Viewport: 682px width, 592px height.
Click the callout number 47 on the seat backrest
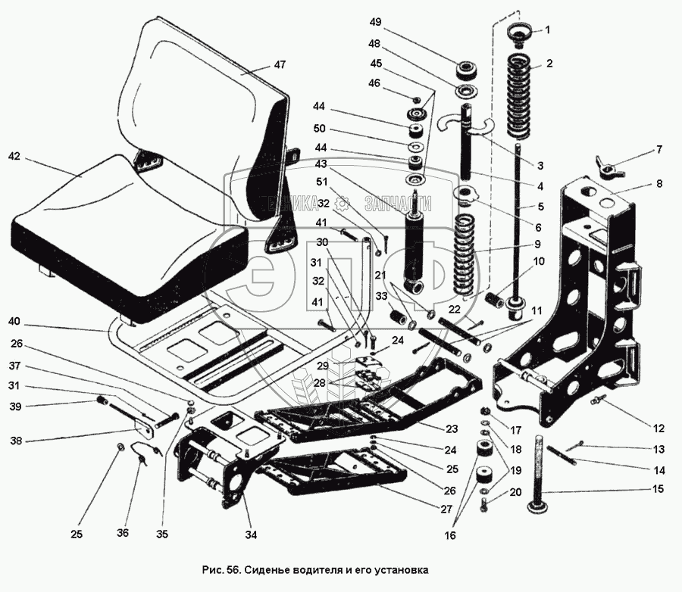click(280, 64)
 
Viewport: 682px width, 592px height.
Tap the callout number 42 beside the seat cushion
click(14, 156)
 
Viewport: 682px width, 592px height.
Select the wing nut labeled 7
click(610, 167)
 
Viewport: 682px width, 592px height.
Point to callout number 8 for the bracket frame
click(659, 183)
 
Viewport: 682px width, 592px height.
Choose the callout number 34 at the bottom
click(251, 534)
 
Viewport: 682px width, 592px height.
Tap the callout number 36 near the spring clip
click(123, 532)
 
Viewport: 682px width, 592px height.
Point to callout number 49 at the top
click(375, 22)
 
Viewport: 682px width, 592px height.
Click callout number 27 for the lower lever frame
click(446, 509)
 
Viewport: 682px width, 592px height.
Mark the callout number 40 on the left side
click(14, 321)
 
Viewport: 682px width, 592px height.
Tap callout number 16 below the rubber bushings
click(450, 535)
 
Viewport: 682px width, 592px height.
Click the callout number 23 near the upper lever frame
click(452, 429)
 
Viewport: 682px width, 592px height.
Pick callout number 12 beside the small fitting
click(659, 428)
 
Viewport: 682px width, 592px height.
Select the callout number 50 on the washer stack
click(320, 129)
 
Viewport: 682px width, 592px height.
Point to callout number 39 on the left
click(15, 407)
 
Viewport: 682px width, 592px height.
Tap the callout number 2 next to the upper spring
click(549, 64)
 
